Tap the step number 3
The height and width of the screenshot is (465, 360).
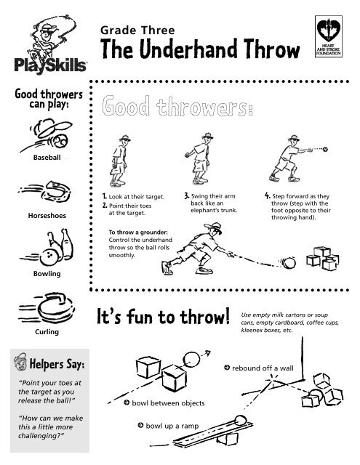pos(186,195)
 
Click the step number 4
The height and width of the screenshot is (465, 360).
pos(267,195)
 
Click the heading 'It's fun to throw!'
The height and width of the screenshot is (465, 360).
pos(161,317)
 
